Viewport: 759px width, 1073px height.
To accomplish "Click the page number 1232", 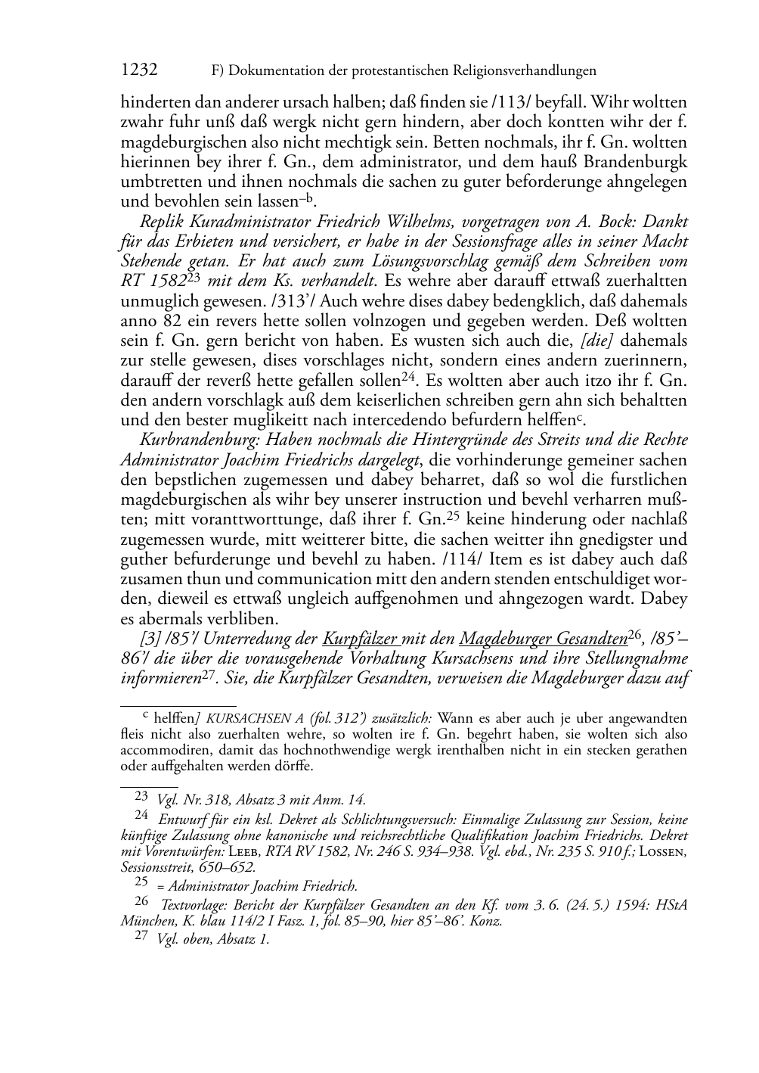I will pos(139,70).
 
